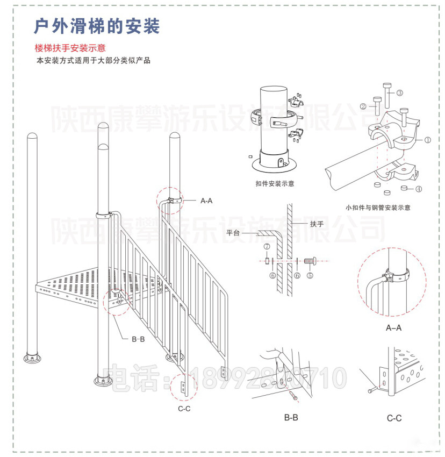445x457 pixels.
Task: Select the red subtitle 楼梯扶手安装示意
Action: [x=70, y=48]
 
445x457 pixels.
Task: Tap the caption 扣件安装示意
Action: [x=275, y=183]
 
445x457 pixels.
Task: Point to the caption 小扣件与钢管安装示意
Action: [x=378, y=207]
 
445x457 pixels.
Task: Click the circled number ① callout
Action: [x=428, y=140]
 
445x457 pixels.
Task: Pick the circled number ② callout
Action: [x=363, y=106]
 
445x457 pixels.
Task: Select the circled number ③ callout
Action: [x=400, y=92]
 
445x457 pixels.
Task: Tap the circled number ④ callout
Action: [x=419, y=189]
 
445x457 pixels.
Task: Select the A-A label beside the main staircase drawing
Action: [x=206, y=201]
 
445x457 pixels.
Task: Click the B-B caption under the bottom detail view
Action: [x=291, y=417]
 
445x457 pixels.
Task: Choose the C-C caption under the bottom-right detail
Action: [x=394, y=418]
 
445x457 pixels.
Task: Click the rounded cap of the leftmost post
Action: [x=32, y=138]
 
